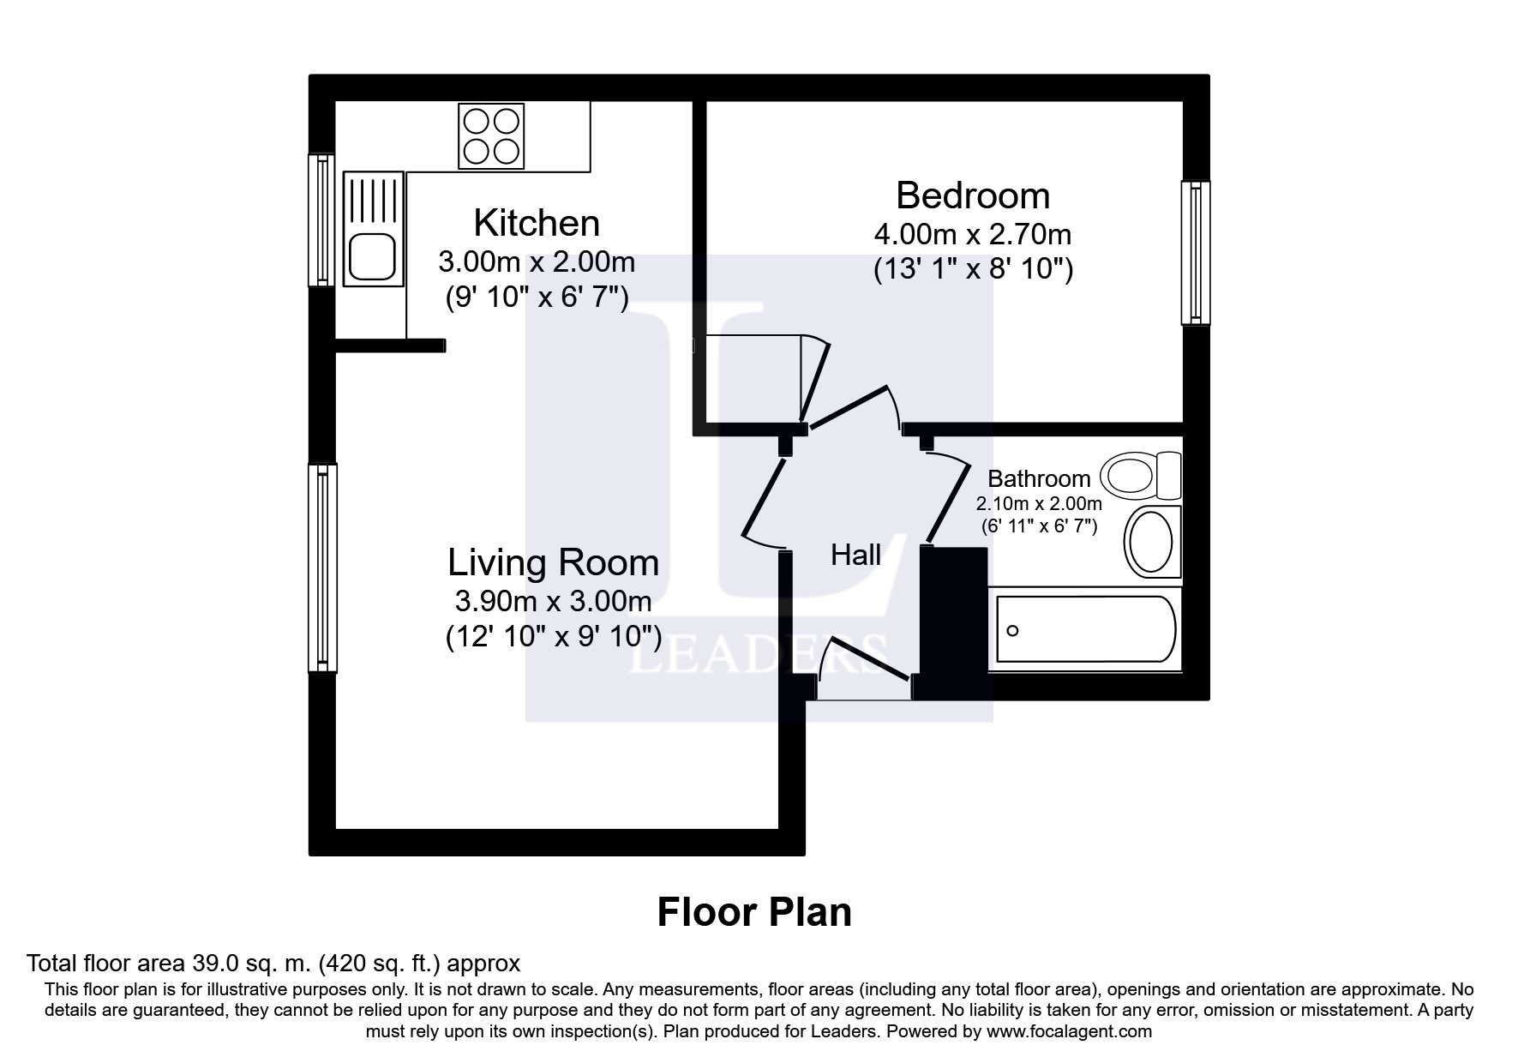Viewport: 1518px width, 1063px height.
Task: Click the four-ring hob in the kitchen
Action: (x=491, y=135)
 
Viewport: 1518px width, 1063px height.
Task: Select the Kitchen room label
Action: (x=537, y=223)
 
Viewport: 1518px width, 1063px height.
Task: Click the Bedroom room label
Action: (x=973, y=195)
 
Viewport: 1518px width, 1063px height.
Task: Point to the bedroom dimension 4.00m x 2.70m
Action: (x=973, y=234)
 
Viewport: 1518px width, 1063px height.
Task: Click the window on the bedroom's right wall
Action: (x=1196, y=253)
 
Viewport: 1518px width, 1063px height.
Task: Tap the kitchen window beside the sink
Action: (x=321, y=220)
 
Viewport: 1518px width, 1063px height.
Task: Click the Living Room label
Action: (x=554, y=563)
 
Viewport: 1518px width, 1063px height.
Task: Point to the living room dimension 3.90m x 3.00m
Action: (x=554, y=602)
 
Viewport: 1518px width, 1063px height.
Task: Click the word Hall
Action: (x=855, y=556)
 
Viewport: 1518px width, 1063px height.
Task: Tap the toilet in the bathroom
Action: (x=1141, y=475)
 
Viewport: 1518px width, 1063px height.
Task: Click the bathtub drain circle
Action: (x=1012, y=631)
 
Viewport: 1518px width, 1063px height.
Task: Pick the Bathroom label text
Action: (x=1039, y=478)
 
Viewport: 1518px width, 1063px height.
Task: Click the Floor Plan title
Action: (x=754, y=912)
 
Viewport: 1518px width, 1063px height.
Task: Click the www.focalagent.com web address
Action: (x=1069, y=1031)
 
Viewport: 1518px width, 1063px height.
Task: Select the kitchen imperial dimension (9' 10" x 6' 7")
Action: (x=537, y=298)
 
